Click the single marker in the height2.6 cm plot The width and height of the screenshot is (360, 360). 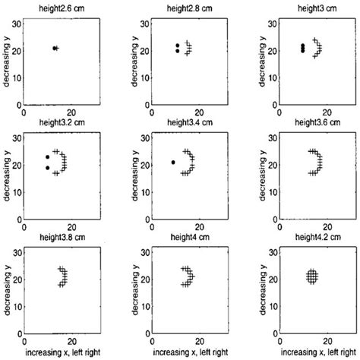[x=55, y=48]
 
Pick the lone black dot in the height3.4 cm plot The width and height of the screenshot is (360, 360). [x=173, y=162]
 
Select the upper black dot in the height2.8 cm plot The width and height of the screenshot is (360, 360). [x=177, y=46]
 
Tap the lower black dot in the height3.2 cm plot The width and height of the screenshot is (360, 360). [x=47, y=168]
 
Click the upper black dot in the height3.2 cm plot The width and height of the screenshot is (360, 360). [x=47, y=157]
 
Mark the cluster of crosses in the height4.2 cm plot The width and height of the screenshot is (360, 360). [x=311, y=277]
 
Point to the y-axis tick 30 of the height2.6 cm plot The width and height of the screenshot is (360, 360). [x=17, y=26]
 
